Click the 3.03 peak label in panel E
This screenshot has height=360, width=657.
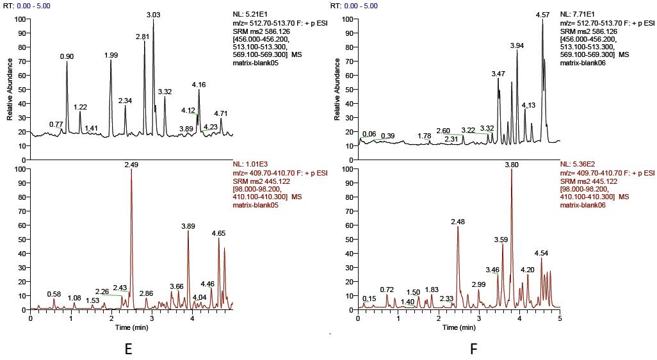click(154, 14)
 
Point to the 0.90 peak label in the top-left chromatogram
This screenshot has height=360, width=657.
click(67, 56)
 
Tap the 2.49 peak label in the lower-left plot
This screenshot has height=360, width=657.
click(131, 165)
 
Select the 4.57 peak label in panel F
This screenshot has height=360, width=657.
click(542, 14)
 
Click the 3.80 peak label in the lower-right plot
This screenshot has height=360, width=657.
click(512, 165)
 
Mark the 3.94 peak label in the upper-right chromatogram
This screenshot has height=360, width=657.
click(517, 45)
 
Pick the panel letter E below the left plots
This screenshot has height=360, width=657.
click(128, 349)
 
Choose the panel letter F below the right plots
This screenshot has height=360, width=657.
click(473, 349)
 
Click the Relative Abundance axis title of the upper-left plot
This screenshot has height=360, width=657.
click(10, 89)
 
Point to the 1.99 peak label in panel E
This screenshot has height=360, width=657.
click(111, 56)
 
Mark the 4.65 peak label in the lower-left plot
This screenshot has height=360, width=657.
click(218, 233)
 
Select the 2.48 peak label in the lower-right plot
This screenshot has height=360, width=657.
click(458, 222)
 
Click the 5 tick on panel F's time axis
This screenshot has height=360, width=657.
click(560, 318)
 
